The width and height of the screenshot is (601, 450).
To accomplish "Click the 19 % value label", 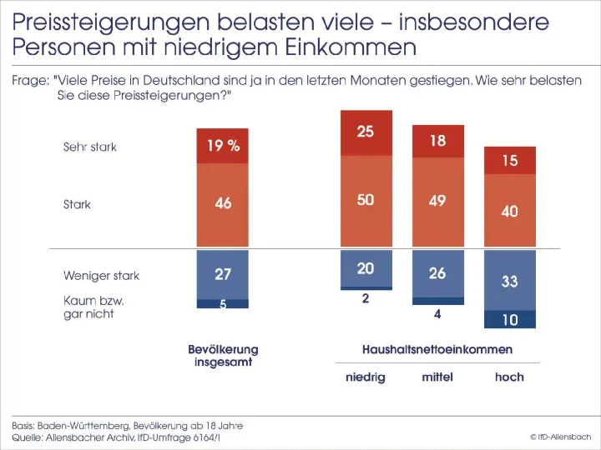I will coord(223,146).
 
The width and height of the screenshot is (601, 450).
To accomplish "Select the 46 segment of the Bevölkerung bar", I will coord(223,203).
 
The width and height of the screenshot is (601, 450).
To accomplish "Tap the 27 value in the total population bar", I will coord(223,273).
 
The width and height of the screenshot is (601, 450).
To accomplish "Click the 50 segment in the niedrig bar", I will coord(366,201).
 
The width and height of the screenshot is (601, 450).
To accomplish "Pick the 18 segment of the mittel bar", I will coord(438,141).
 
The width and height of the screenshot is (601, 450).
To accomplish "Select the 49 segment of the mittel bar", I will coord(438,202).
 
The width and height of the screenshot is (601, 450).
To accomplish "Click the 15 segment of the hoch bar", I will coord(510,160).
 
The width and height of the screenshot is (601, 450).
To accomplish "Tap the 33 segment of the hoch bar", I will coord(510,282).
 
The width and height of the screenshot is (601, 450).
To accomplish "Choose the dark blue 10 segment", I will coord(510,320).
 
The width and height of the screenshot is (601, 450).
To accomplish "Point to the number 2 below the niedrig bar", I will coord(366,298).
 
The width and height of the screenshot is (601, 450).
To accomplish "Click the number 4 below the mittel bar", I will coord(438,315).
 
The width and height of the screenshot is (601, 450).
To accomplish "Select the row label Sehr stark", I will coord(90,147).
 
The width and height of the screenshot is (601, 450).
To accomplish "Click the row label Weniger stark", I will coord(101,275).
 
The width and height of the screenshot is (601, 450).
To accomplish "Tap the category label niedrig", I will coord(366,377).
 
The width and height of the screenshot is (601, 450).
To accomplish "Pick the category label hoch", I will coord(509,377).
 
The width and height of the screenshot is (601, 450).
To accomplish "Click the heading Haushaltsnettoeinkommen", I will coord(437,349).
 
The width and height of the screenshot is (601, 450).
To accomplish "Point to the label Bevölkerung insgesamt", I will coord(223,356).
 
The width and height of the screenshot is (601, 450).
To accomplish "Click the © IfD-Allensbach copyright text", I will coord(560,436).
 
